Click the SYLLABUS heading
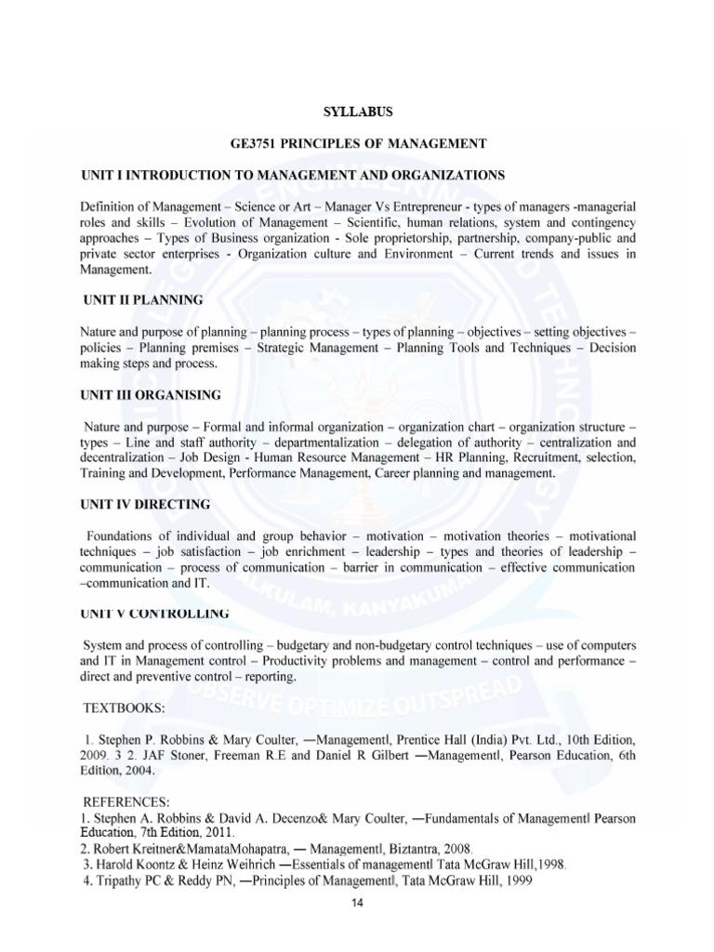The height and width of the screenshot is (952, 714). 358,112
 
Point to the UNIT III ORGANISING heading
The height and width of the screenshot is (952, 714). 150,395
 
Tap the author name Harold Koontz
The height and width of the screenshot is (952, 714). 129,864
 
